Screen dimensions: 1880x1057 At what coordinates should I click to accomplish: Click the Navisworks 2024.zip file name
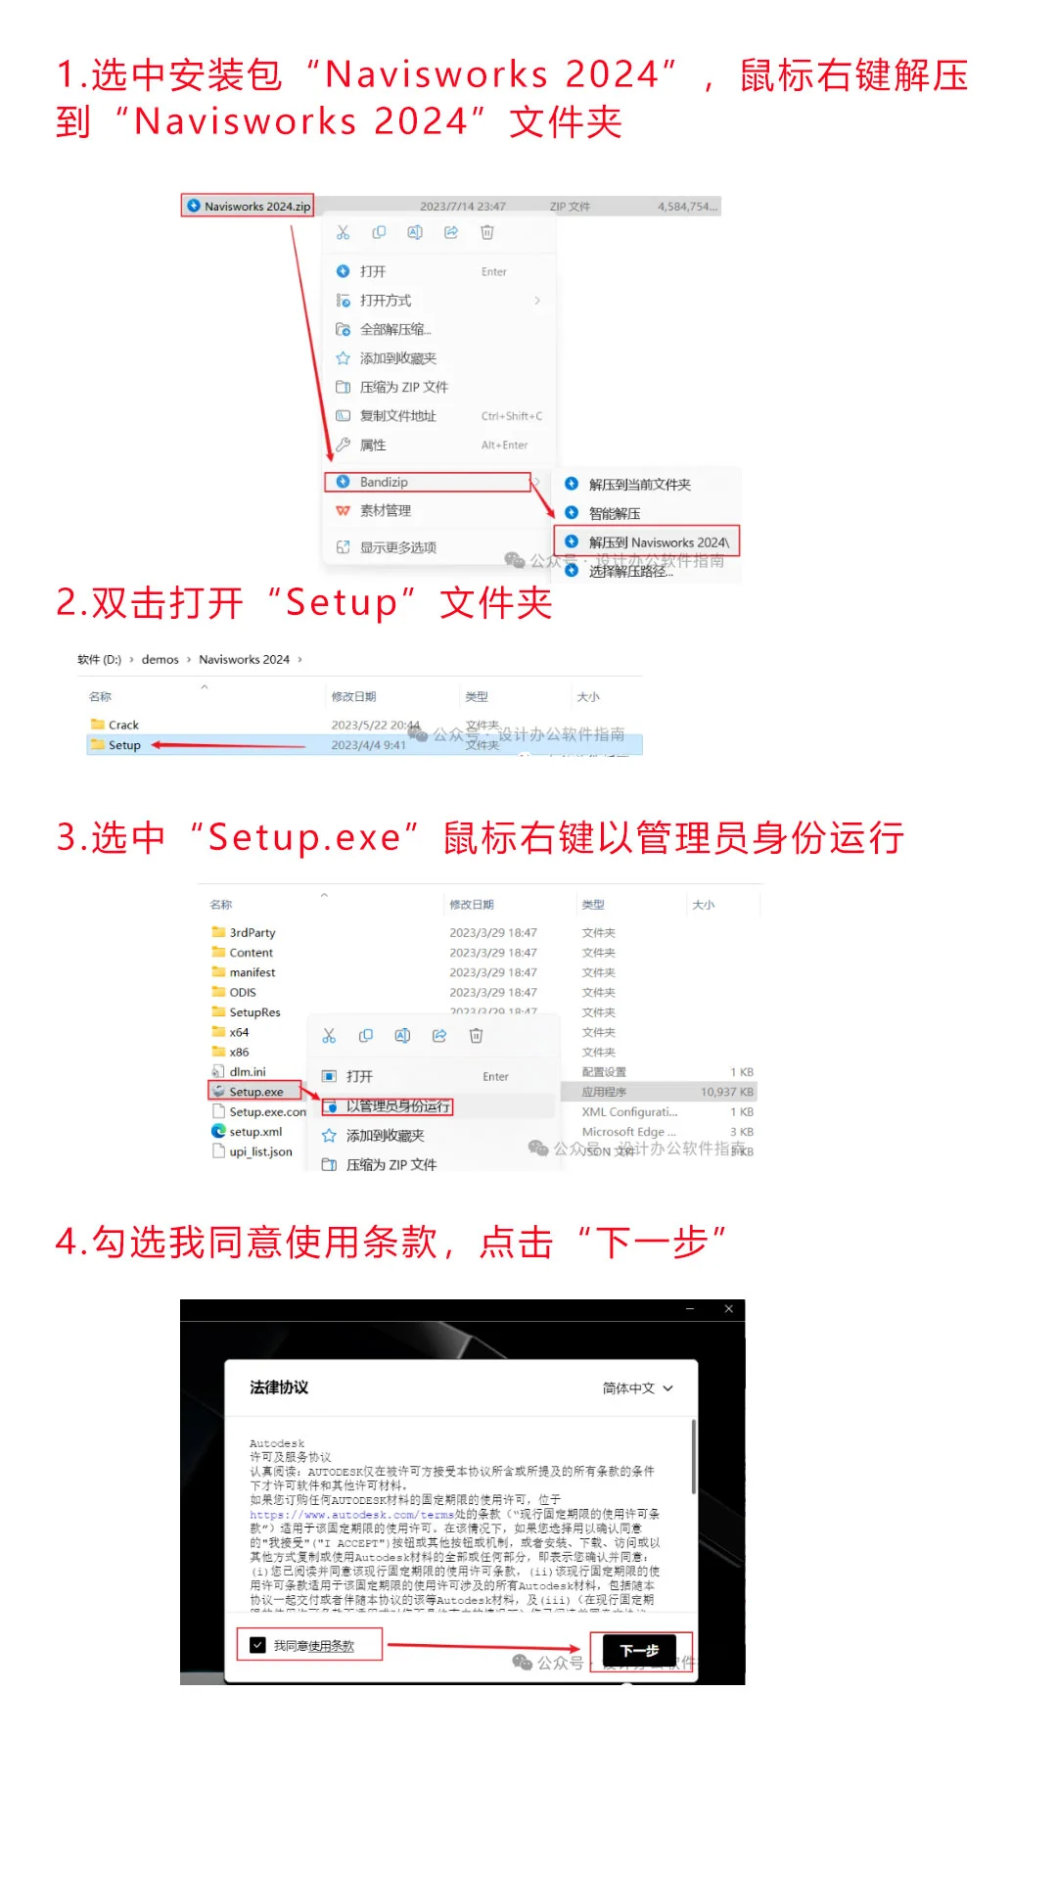pyautogui.click(x=256, y=207)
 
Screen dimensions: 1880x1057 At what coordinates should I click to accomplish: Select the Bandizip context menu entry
pyautogui.click(x=384, y=482)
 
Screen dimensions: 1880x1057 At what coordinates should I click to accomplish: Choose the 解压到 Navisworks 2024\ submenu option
pyautogui.click(x=658, y=542)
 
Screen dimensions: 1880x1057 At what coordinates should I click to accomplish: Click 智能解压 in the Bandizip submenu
pyautogui.click(x=615, y=513)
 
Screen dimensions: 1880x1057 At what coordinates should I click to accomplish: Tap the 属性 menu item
pyautogui.click(x=373, y=445)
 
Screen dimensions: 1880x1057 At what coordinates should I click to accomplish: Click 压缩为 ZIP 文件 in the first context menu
pyautogui.click(x=403, y=387)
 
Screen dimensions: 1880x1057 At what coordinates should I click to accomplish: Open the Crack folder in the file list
pyautogui.click(x=123, y=725)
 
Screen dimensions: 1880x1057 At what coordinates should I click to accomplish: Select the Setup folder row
pyautogui.click(x=124, y=745)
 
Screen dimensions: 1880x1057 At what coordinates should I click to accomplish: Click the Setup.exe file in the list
pyautogui.click(x=255, y=1092)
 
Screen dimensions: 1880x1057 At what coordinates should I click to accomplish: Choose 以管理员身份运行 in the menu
pyautogui.click(x=397, y=1106)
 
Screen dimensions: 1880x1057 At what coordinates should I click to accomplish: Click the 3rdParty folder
pyautogui.click(x=252, y=933)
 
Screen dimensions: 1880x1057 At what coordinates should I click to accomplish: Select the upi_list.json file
pyautogui.click(x=260, y=1151)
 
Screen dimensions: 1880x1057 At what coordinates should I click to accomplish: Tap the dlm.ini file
pyautogui.click(x=247, y=1072)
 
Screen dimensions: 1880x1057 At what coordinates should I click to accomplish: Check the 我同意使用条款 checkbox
pyautogui.click(x=258, y=1645)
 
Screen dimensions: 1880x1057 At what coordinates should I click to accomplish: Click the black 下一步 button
pyautogui.click(x=639, y=1650)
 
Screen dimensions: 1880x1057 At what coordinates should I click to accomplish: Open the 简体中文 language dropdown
pyautogui.click(x=637, y=1388)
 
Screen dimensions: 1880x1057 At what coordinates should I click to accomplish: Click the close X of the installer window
pyautogui.click(x=728, y=1309)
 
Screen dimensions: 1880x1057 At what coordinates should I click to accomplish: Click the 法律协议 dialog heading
pyautogui.click(x=279, y=1387)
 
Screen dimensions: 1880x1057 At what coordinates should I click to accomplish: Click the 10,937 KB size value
pyautogui.click(x=726, y=1092)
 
